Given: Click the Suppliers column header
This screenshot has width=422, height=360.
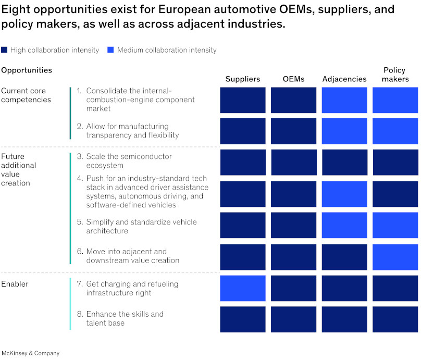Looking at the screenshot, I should point(242,79).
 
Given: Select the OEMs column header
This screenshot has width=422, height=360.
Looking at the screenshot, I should point(293,79).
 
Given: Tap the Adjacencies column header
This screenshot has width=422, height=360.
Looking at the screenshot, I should point(344,79).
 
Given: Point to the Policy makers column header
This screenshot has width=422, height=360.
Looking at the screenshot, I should point(394,75).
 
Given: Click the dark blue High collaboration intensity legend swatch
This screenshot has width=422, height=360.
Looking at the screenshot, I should point(4,50).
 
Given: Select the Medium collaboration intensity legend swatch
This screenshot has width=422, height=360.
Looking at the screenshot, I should point(110,50).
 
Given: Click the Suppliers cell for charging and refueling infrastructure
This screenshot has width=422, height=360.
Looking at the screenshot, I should point(243,288).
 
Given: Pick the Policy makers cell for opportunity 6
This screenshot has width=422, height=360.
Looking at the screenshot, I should point(395,257).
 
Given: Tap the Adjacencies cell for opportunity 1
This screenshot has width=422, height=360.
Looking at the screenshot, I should point(344,100).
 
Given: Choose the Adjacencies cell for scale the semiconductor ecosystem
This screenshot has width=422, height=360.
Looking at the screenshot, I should point(344,162).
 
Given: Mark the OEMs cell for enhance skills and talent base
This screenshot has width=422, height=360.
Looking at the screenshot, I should point(293,319).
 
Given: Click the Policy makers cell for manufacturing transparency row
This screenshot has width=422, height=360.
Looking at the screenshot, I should point(395,131).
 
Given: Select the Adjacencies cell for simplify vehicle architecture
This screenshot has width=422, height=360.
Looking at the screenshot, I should point(344,225).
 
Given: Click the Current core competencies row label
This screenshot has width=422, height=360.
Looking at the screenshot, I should point(26,95).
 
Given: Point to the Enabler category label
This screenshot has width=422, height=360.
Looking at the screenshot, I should point(15,284).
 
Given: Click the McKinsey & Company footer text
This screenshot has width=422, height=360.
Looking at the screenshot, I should point(30,353).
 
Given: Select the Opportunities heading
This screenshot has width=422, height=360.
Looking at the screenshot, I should point(27,70).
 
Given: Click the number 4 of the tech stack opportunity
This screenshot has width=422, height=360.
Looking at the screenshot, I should point(80,178).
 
